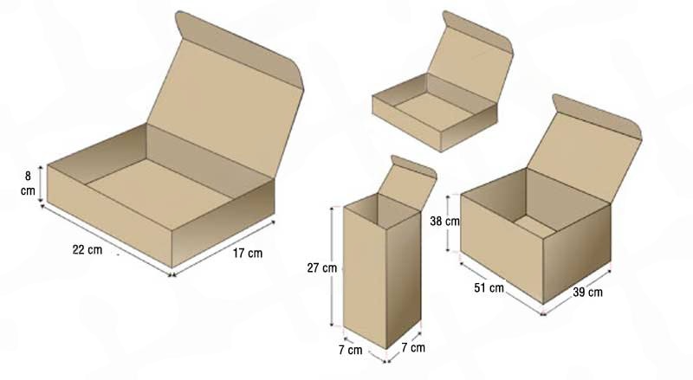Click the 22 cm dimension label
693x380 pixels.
87,249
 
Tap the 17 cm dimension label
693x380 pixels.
248,253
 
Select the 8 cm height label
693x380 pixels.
28,183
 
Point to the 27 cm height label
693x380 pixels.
321,267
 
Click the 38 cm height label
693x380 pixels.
444,221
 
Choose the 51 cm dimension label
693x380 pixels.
489,288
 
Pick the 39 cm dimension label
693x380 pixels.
588,292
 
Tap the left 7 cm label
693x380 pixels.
351,350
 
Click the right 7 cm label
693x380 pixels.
413,348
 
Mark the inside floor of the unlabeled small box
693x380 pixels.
436,112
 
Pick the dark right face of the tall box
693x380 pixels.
403,279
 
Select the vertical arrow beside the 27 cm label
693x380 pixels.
332,267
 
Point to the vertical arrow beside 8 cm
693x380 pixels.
41,184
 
